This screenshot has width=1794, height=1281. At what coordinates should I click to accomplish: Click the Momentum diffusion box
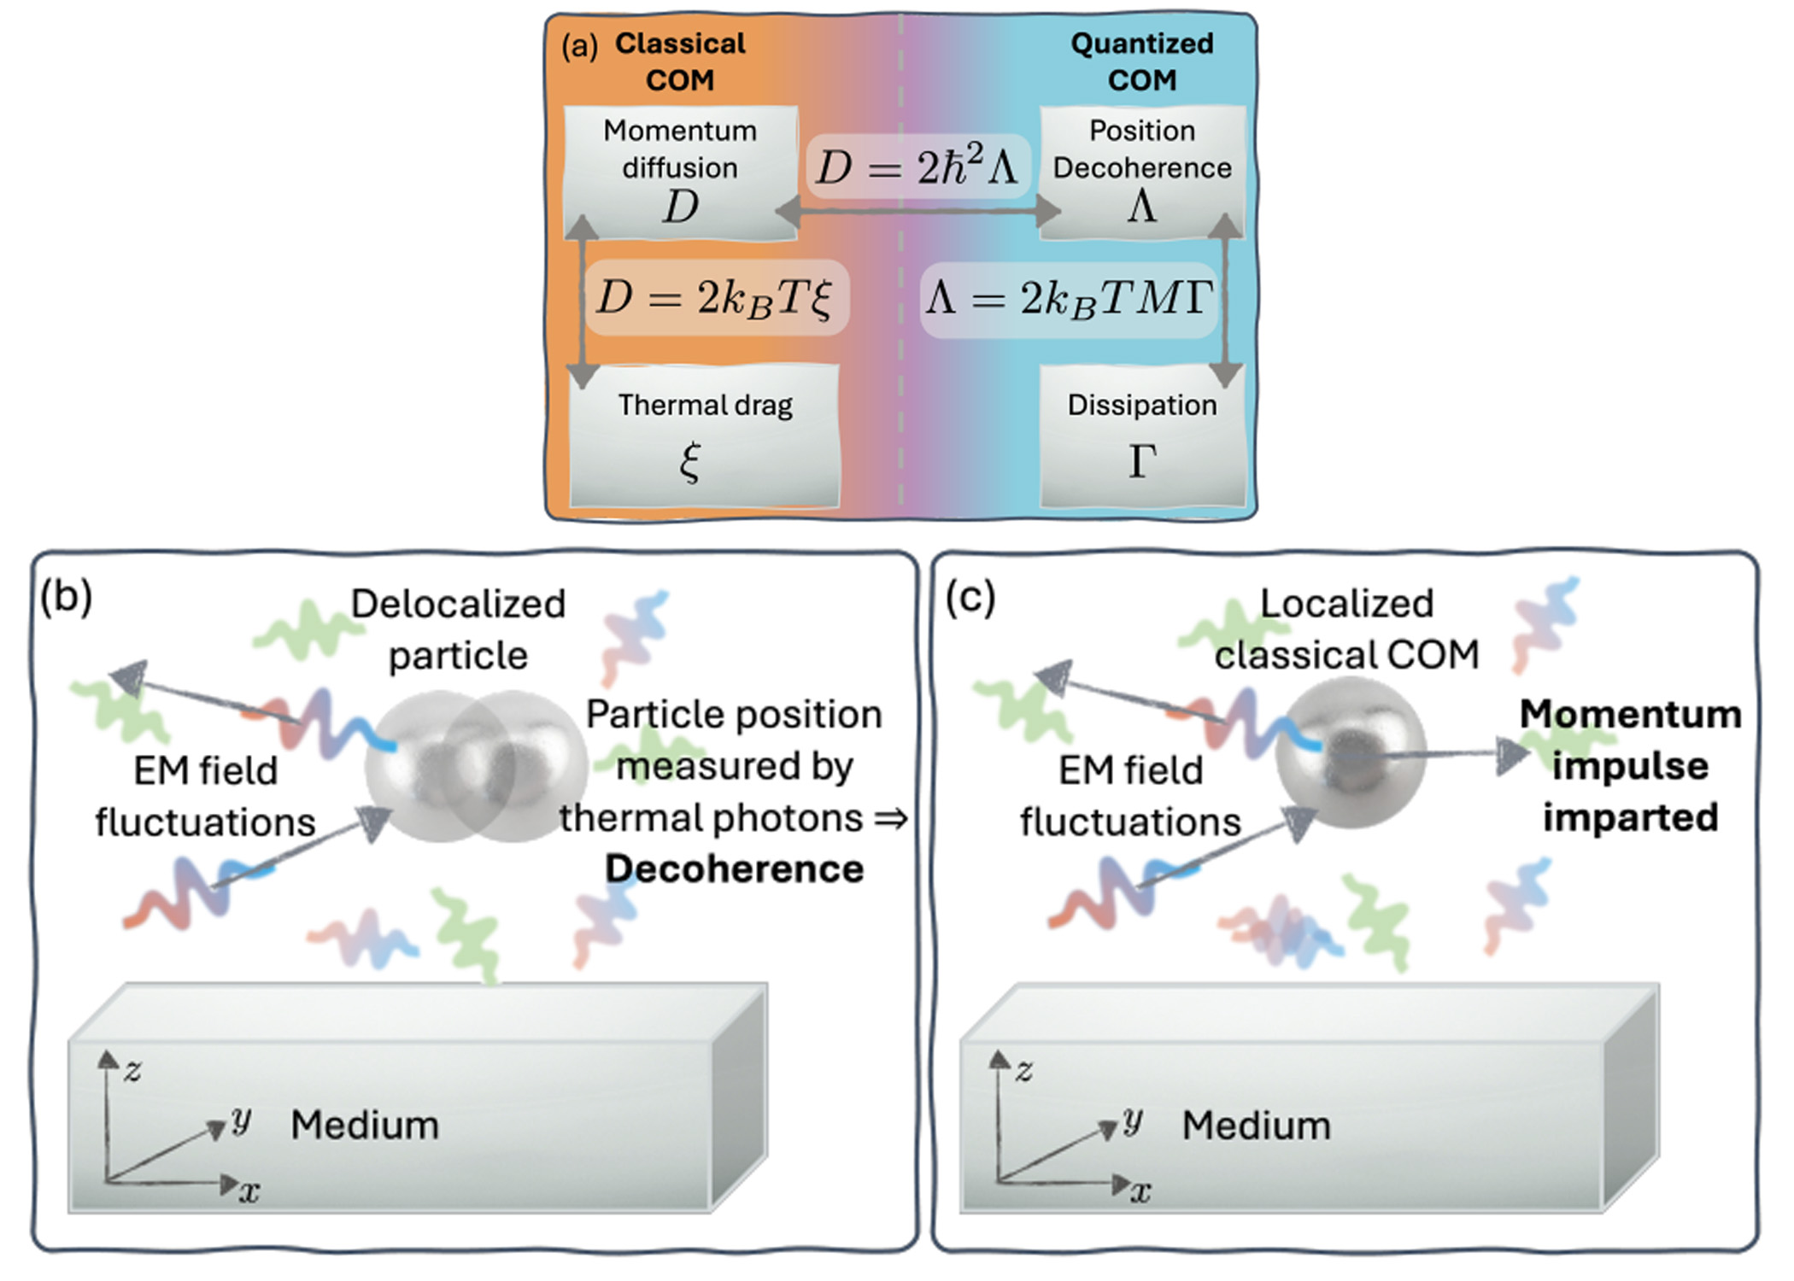coord(680,171)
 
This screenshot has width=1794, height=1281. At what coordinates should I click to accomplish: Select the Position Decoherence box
coord(1142,171)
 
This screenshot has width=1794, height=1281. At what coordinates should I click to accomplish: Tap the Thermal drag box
coord(705,436)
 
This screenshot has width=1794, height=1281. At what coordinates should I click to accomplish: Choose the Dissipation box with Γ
coord(1142,436)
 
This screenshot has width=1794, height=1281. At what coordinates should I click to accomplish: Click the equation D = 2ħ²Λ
coord(918,167)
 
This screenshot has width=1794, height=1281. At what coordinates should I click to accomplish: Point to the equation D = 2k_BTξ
coord(716,298)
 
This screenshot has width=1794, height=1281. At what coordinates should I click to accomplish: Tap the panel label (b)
coord(66,597)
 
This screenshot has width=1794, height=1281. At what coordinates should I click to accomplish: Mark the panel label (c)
coord(970,597)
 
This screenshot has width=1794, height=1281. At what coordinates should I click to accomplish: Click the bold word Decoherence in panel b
coord(735,869)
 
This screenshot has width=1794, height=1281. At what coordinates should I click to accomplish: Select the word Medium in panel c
coord(1256,1126)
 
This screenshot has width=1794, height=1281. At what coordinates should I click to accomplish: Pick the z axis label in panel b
coord(133,1070)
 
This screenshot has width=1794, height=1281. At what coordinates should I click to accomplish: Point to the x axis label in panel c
coord(1140,1191)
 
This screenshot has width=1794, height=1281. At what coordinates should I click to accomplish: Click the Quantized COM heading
coord(1142,61)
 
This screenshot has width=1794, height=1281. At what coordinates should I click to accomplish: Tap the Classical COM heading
coord(680,61)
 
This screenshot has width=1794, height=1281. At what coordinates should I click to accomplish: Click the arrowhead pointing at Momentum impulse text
coord(1512,754)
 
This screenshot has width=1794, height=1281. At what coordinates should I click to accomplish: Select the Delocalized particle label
coord(459,629)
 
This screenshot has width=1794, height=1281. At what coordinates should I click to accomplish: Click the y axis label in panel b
coord(242,1120)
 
